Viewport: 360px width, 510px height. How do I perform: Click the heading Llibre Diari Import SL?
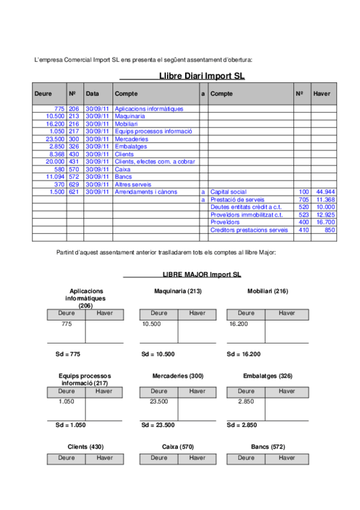click(202, 76)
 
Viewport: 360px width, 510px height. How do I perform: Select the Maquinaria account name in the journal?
click(130, 116)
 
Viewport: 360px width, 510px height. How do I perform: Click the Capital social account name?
click(228, 192)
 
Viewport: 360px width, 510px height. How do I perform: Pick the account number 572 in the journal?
click(74, 177)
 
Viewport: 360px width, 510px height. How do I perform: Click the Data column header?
click(93, 94)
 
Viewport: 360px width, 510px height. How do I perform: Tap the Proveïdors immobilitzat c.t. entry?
click(246, 215)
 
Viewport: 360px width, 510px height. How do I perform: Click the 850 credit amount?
click(329, 230)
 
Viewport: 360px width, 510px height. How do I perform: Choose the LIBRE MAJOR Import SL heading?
click(201, 274)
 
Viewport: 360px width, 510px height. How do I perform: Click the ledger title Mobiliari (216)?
click(267, 291)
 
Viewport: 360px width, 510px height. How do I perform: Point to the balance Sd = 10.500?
click(158, 354)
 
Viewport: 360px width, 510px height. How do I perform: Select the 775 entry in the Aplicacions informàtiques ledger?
click(67, 324)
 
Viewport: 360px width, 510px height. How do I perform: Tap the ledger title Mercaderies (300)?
click(178, 376)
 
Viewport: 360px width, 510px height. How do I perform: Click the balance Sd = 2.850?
click(242, 425)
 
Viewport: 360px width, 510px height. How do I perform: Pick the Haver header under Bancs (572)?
click(287, 458)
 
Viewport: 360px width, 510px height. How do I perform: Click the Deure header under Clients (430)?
click(67, 458)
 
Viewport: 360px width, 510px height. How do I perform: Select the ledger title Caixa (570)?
click(178, 447)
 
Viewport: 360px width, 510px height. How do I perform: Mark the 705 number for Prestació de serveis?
click(304, 200)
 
